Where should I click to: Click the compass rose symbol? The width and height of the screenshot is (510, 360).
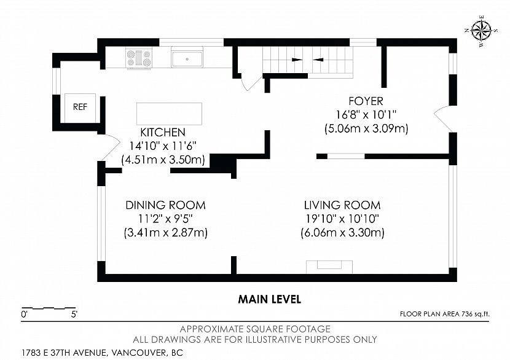(481, 31)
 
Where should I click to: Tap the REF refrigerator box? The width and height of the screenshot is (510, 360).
(80, 108)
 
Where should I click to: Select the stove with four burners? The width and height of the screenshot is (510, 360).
(139, 58)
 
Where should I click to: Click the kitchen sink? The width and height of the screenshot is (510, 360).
(187, 59)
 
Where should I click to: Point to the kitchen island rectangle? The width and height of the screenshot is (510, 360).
(169, 114)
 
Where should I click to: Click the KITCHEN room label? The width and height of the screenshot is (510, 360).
(163, 132)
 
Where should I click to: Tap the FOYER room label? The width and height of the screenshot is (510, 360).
(366, 101)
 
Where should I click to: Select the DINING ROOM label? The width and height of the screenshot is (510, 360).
(165, 205)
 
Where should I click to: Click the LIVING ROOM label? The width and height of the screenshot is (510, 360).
(342, 205)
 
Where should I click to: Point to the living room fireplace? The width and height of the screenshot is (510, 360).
(329, 267)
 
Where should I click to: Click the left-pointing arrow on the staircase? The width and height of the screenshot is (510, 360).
(318, 60)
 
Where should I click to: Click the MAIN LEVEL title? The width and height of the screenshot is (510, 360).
(270, 299)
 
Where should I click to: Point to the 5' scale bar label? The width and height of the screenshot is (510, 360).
(74, 315)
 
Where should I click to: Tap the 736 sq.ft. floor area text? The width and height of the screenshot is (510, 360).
(475, 314)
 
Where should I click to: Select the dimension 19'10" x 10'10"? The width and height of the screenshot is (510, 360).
(342, 219)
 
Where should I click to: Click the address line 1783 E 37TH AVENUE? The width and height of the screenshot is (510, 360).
(64, 353)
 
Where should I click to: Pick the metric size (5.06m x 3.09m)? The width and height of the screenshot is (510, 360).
(366, 128)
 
